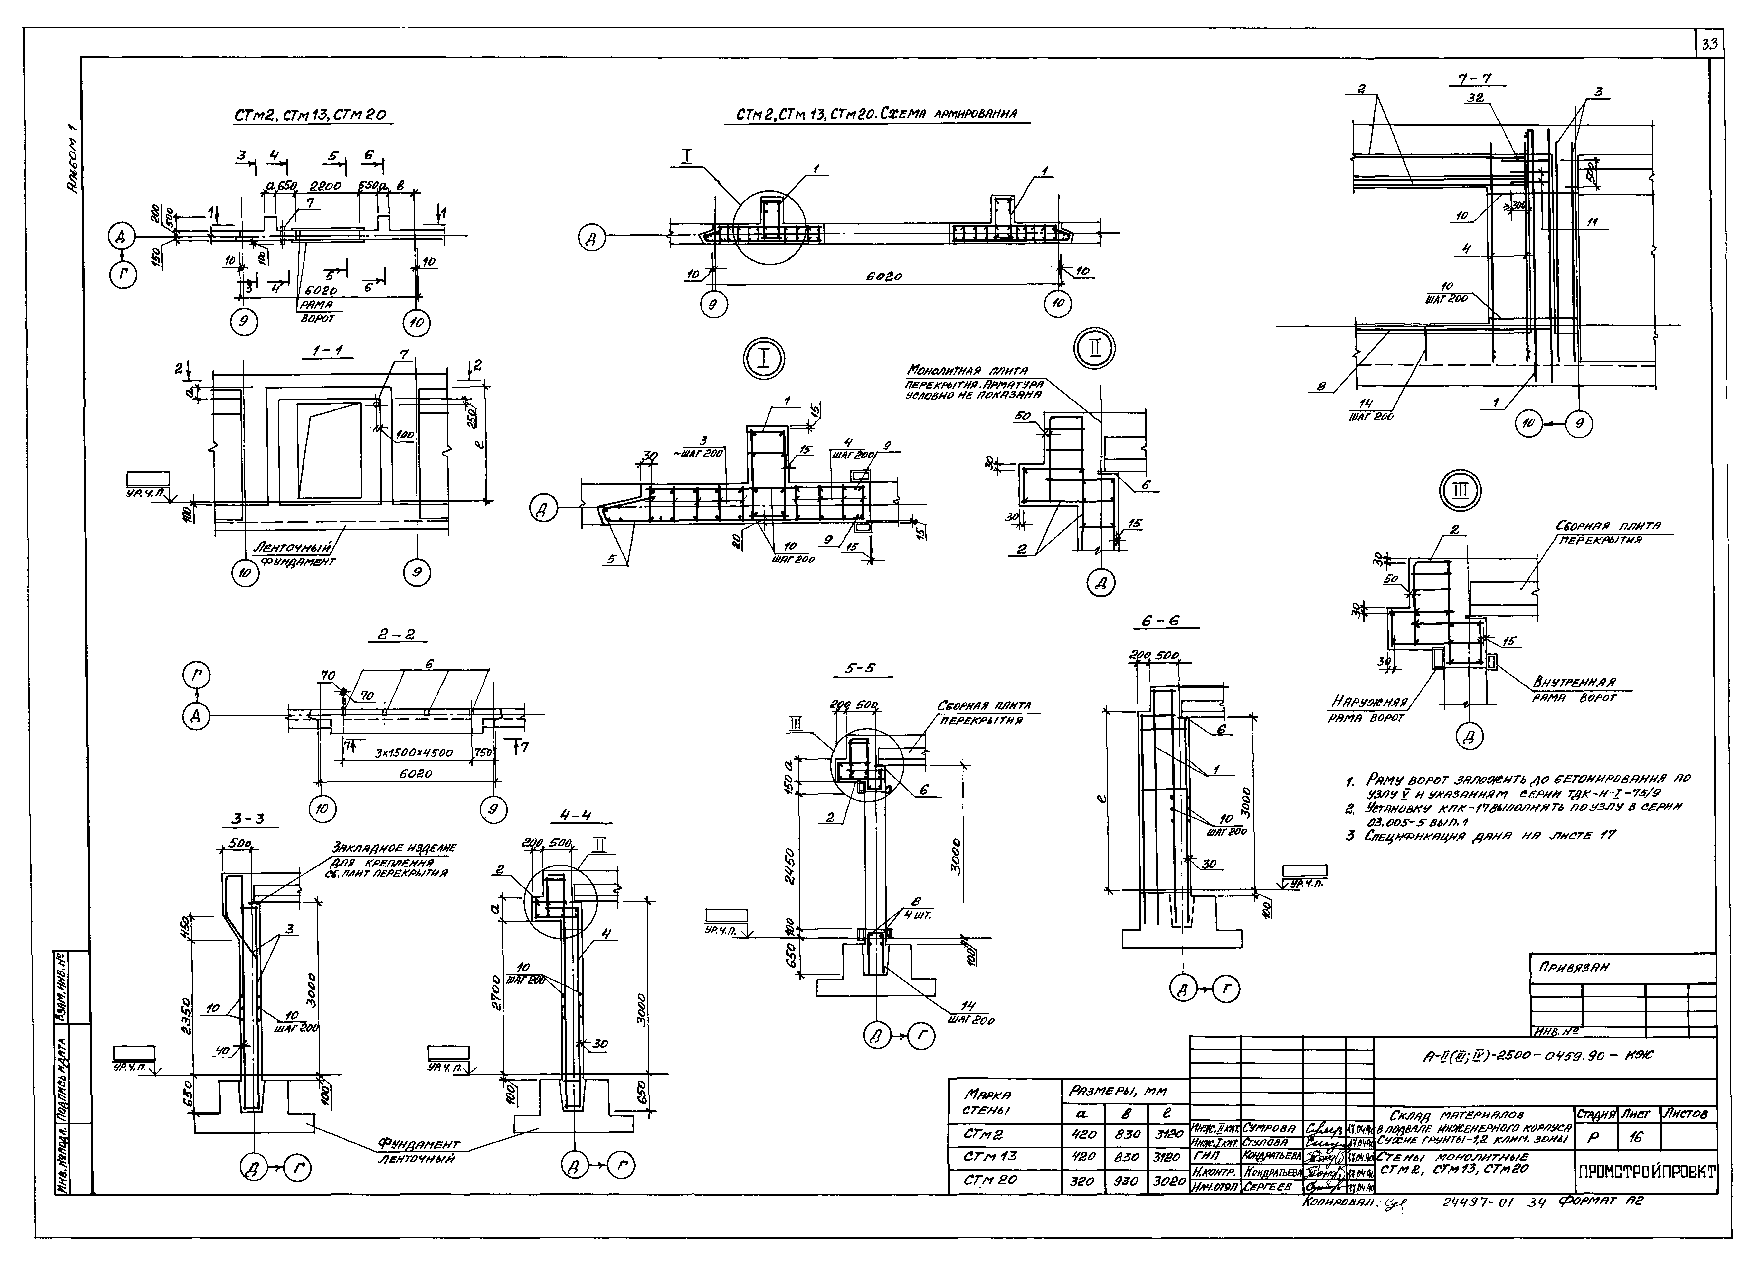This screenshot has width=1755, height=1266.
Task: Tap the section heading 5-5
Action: (x=860, y=668)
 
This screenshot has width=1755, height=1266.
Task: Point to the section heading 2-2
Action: (x=396, y=635)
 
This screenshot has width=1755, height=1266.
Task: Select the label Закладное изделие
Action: (x=394, y=847)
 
